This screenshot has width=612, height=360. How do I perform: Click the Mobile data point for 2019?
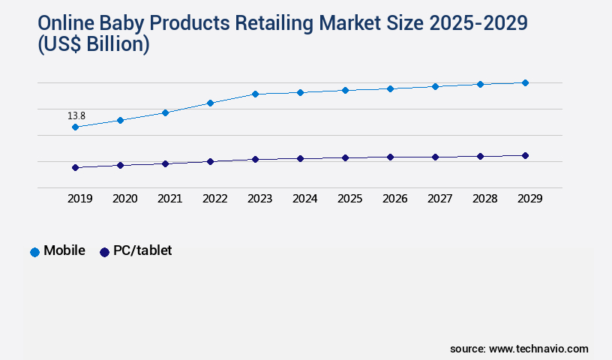(x=75, y=127)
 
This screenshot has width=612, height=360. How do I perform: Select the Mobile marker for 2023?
(x=255, y=94)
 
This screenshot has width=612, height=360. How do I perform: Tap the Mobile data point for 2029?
(x=525, y=82)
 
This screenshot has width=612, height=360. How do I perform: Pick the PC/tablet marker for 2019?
(x=75, y=167)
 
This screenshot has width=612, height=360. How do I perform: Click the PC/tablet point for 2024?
(x=300, y=158)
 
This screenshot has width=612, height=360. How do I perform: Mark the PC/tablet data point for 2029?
(x=525, y=155)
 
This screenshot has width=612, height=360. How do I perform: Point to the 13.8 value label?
(x=76, y=115)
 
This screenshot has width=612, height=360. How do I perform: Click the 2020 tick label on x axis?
(x=124, y=199)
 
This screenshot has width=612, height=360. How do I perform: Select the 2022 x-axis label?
(x=214, y=199)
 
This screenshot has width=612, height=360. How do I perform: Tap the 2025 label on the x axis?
(x=349, y=199)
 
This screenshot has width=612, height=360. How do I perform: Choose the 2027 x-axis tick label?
(x=439, y=199)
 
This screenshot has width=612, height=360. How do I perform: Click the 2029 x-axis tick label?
(x=529, y=199)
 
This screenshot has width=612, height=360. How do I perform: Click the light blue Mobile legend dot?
(x=34, y=252)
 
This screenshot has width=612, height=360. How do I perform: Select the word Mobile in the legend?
(x=64, y=250)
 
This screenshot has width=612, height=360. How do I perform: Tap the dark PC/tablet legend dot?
(x=104, y=252)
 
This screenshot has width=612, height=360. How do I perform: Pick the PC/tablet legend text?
(x=142, y=250)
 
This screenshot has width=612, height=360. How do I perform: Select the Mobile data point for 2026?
(x=390, y=88)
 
